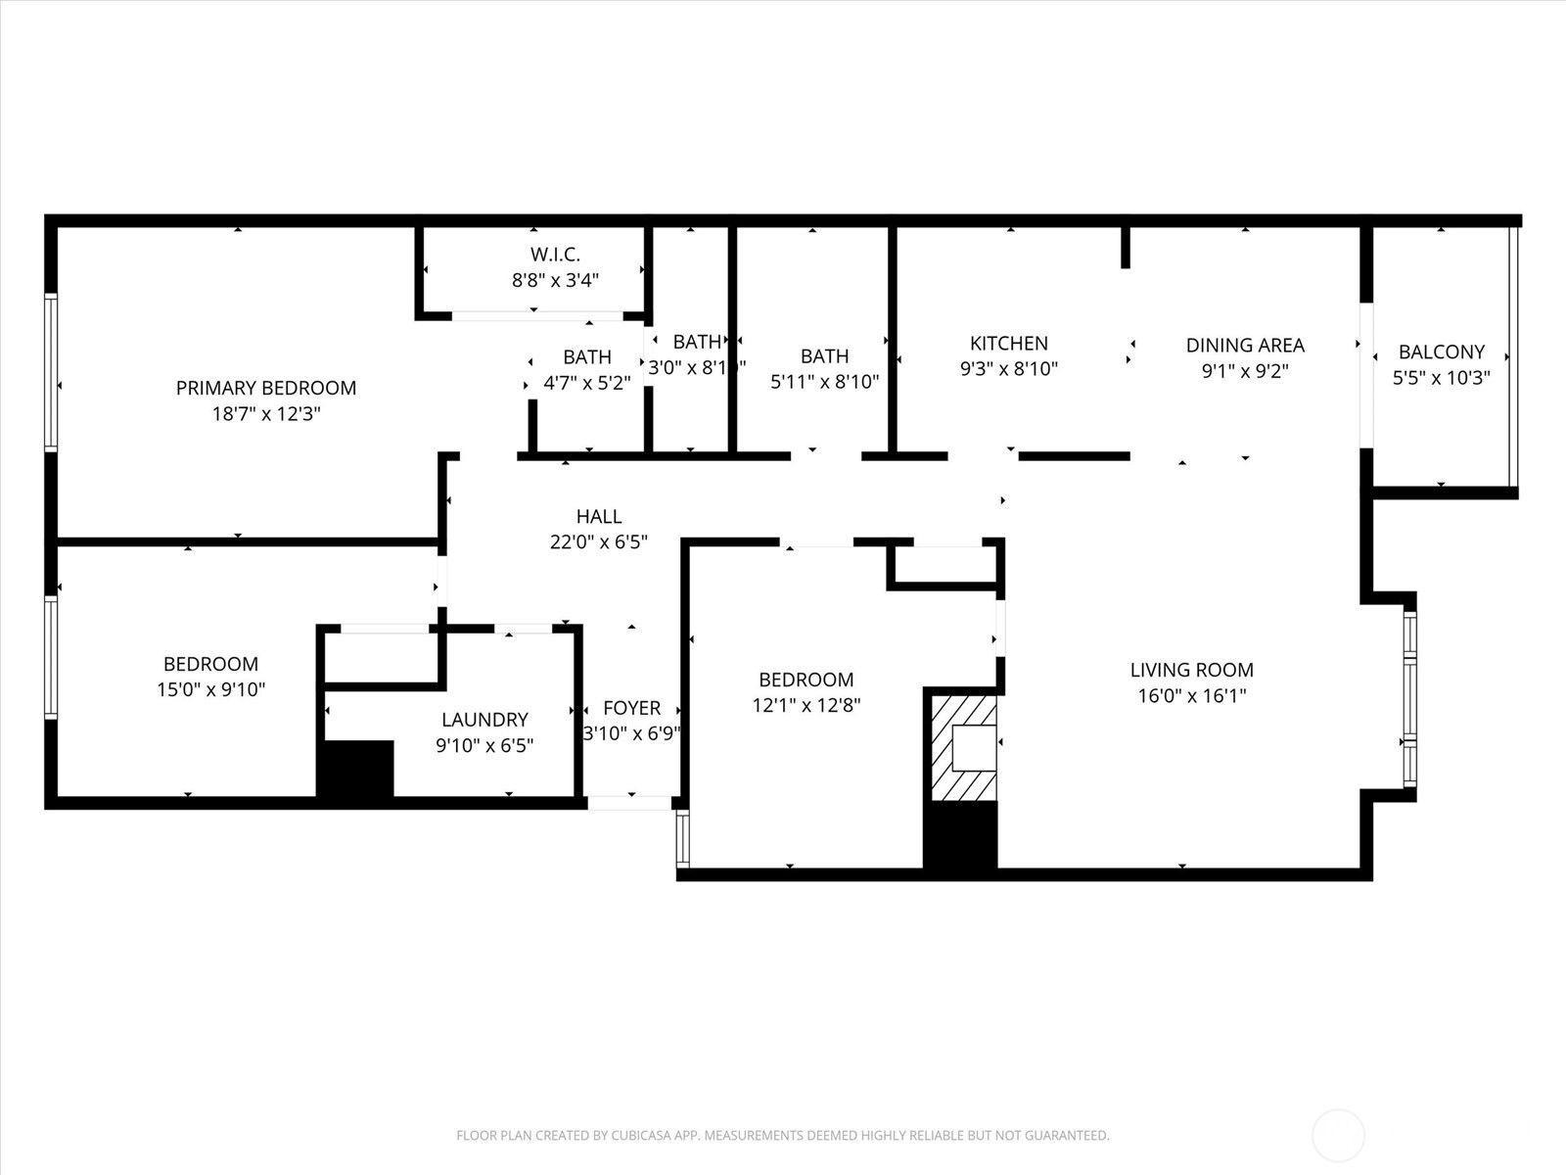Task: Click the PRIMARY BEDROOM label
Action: tap(265, 388)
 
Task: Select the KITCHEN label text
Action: tap(1008, 343)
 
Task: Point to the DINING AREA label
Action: tap(1244, 345)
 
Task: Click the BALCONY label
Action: tap(1441, 352)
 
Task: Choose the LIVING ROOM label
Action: tap(1191, 670)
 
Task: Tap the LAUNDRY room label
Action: tap(484, 720)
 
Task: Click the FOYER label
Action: tap(631, 708)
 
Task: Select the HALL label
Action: tap(598, 516)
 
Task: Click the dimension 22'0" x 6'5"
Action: tap(598, 541)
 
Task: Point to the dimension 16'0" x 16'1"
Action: tap(1191, 696)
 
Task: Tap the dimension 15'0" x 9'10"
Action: tap(210, 689)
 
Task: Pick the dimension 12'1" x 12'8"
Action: tap(806, 705)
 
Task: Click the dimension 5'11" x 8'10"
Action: tap(824, 382)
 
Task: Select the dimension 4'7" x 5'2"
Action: tap(586, 383)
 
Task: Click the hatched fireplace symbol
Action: tap(963, 748)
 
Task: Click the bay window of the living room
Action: tap(1409, 697)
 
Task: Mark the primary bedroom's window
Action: tap(51, 372)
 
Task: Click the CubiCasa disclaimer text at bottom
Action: tap(782, 1136)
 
